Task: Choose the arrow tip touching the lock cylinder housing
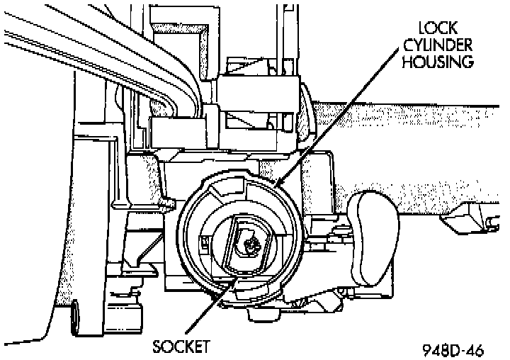(x=279, y=186)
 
